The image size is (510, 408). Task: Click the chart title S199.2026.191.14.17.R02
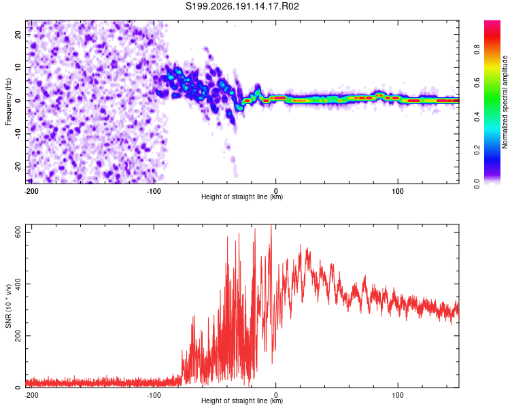[242, 6]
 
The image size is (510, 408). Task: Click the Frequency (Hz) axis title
[8, 102]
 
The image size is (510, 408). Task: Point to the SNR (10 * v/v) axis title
[8, 306]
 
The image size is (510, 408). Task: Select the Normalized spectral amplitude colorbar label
[505, 102]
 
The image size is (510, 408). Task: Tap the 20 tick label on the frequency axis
[18, 34]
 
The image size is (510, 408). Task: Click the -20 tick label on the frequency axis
[18, 167]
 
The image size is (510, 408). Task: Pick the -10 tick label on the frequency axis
[18, 134]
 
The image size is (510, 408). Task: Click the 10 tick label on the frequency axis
[18, 67]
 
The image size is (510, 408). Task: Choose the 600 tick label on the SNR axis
[18, 233]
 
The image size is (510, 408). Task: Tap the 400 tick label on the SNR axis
[18, 284]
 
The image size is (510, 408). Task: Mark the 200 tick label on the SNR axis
[18, 336]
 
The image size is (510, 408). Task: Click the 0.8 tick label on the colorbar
[477, 50]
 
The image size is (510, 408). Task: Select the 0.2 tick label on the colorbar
[477, 150]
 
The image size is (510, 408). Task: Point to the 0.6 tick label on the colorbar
[477, 83]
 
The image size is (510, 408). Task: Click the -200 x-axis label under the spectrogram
[31, 191]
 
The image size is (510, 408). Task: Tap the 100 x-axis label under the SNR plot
[398, 395]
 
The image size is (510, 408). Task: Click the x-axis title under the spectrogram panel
[242, 197]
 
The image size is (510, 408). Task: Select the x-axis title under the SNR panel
[242, 401]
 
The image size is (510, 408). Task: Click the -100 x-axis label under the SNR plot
[154, 395]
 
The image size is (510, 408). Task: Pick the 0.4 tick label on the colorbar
[477, 116]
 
